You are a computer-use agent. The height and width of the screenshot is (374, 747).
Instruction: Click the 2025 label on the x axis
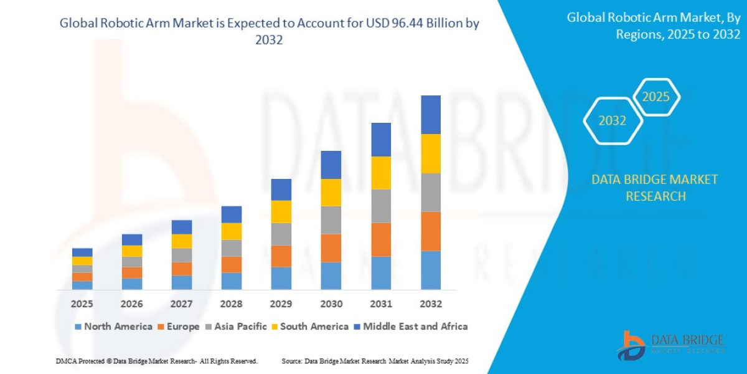(x=82, y=304)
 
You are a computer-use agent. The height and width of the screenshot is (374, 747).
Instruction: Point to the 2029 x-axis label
(x=281, y=304)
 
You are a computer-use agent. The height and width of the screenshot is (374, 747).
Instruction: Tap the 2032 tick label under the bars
(x=431, y=304)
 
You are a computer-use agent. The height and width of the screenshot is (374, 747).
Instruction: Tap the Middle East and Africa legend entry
(x=410, y=327)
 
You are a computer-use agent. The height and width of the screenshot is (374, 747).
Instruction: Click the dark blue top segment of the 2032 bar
(x=431, y=115)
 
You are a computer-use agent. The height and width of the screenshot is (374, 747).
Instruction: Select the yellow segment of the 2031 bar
(x=381, y=173)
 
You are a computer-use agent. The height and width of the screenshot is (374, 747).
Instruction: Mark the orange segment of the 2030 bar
(x=331, y=248)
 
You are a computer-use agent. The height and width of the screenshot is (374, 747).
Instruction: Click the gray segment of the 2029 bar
(x=281, y=234)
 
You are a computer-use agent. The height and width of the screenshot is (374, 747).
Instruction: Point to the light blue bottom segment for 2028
(x=232, y=281)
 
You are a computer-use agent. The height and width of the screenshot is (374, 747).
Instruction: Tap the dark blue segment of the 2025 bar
(x=82, y=252)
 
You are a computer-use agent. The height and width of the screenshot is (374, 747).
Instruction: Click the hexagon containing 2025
(x=655, y=97)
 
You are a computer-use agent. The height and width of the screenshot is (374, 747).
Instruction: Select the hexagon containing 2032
(x=612, y=121)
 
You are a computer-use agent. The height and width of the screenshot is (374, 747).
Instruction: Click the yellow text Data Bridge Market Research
(x=654, y=188)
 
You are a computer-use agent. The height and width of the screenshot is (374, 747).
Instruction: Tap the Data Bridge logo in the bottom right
(x=671, y=345)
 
